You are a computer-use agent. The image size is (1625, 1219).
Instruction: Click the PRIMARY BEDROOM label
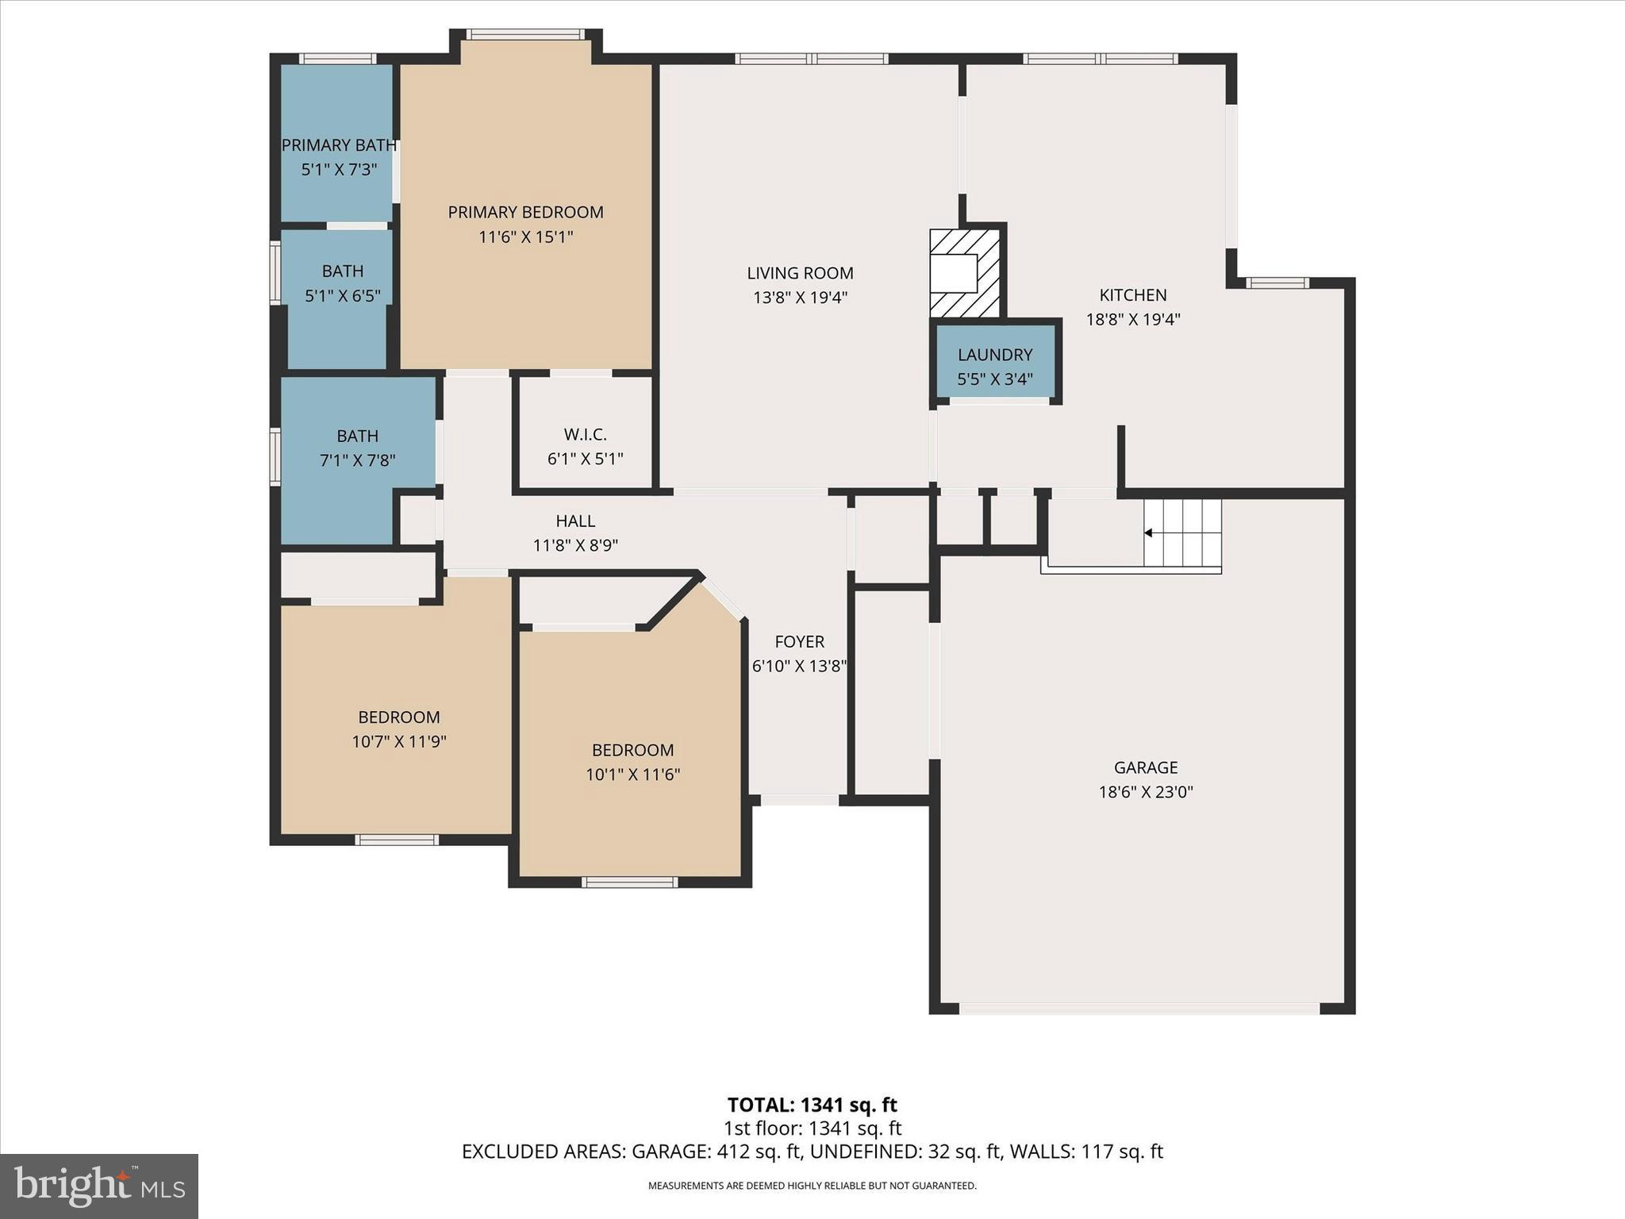(525, 212)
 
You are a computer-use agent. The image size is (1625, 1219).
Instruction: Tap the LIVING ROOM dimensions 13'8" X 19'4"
(800, 298)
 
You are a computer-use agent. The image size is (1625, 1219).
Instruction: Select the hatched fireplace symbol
(964, 273)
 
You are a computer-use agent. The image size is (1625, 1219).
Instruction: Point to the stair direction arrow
(1148, 533)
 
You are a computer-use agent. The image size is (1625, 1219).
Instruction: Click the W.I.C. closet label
(585, 435)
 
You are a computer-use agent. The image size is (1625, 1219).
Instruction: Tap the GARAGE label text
(1145, 767)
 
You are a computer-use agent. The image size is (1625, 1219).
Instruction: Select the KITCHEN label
(1132, 295)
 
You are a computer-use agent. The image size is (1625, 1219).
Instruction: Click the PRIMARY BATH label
(339, 145)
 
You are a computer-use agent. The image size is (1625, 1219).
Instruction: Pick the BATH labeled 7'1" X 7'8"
(357, 447)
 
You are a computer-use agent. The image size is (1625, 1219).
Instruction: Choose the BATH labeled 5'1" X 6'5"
(343, 283)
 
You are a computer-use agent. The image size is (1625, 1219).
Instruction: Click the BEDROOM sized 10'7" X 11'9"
(398, 729)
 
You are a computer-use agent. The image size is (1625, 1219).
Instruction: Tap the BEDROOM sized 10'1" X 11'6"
(632, 761)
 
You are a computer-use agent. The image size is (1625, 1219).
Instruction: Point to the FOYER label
(799, 641)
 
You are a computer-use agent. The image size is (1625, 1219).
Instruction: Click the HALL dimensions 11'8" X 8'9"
(575, 545)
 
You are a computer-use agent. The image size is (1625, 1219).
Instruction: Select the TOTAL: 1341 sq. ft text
(812, 1105)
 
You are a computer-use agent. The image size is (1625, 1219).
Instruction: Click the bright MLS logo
(99, 1186)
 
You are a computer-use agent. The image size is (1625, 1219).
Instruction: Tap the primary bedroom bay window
(525, 34)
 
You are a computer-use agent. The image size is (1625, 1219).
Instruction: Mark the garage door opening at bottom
(1139, 1009)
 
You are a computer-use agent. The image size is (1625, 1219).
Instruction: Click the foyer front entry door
(799, 800)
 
